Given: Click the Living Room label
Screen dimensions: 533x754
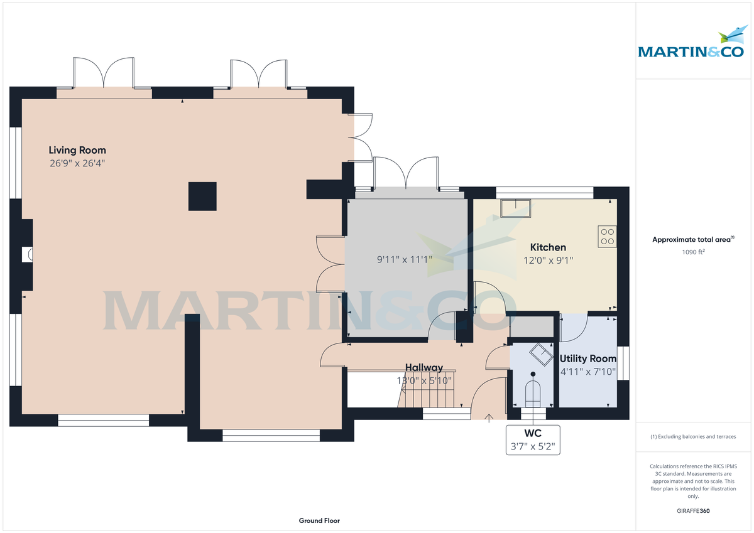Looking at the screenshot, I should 77,150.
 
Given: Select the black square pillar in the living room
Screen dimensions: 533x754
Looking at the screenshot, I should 202,196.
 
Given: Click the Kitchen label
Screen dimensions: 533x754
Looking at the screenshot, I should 548,247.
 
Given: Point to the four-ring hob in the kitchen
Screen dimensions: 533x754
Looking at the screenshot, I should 608,235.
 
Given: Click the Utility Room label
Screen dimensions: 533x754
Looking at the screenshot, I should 588,358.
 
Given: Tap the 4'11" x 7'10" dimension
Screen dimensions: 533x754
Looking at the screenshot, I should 588,372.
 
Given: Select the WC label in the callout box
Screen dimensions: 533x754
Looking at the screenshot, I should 533,434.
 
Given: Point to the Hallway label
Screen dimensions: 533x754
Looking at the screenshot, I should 423,367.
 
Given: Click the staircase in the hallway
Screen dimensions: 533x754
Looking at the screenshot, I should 427,396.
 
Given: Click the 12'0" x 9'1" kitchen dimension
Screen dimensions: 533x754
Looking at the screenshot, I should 548,260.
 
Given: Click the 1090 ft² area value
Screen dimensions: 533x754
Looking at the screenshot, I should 693,252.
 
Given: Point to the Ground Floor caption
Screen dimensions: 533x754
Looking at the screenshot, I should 319,520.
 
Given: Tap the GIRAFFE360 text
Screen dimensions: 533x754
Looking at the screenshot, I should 693,511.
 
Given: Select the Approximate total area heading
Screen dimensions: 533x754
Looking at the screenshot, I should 693,239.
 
